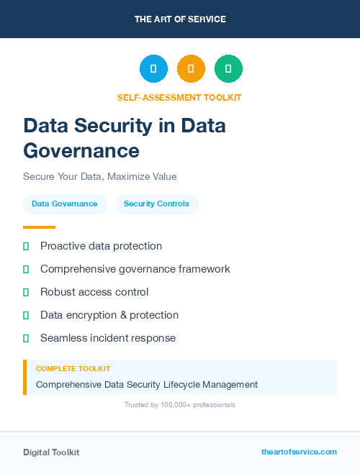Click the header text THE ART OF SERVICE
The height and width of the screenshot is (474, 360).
point(180,19)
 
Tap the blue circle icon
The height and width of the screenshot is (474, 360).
point(153,69)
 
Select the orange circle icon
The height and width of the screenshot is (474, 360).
point(191,69)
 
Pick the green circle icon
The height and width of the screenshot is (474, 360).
point(228,69)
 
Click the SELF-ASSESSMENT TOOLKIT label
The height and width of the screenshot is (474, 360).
point(179,97)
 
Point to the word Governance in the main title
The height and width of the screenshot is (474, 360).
point(81,151)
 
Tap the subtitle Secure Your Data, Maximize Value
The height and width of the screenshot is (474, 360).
point(99,176)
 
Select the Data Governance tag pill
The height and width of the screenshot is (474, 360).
point(65,204)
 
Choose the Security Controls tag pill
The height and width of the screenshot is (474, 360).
point(156,204)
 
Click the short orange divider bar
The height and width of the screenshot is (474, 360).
point(39,227)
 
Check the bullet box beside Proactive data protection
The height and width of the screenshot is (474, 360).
point(26,246)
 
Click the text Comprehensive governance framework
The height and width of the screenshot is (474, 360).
point(135,269)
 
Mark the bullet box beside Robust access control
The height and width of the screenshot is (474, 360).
point(26,292)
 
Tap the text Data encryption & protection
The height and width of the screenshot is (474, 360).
point(109,315)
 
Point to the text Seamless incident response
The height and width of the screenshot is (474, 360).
point(108,338)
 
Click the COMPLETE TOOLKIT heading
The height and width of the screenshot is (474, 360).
point(73,369)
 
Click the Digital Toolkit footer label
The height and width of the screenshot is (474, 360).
point(51,452)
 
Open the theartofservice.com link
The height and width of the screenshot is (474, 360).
point(299,452)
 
